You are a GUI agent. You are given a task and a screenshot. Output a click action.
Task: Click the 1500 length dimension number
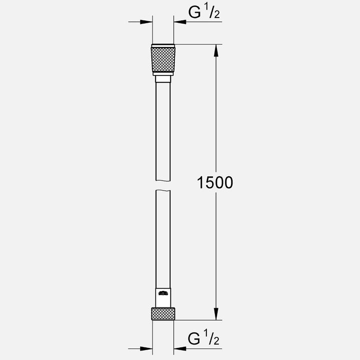215,182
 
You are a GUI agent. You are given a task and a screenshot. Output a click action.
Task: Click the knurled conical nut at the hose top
163,61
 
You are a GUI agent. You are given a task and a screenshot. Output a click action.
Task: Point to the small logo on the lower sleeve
163,294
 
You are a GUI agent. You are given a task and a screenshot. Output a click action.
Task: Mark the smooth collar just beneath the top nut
163,78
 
